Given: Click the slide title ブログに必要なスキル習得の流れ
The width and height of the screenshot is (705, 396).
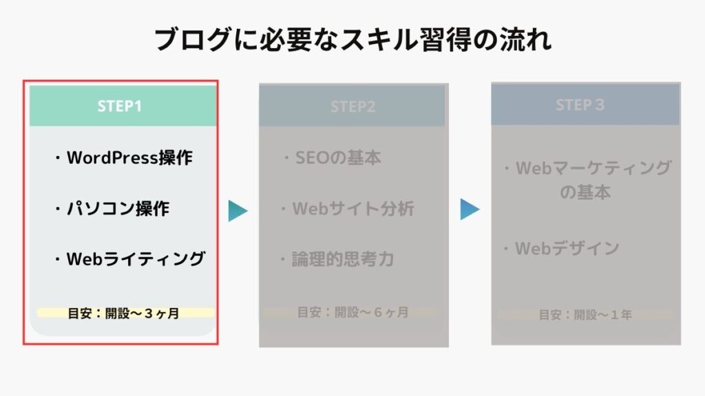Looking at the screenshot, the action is (353, 39).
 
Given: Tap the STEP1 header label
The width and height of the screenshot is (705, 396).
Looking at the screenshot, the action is (120, 106).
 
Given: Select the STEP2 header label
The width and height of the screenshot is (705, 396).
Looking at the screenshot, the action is (353, 107).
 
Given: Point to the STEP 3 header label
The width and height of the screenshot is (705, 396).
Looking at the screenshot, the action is (580, 104).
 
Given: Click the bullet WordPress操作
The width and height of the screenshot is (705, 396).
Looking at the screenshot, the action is (124, 157).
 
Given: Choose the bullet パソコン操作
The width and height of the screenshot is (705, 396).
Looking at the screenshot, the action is (112, 208).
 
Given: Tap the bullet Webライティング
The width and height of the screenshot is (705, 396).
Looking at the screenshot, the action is (130, 258).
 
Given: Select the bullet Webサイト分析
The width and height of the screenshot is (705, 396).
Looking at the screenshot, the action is (347, 208).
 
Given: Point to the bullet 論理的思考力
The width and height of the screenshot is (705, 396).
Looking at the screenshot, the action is (337, 259).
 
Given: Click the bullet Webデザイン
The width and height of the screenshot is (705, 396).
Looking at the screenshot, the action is (562, 247).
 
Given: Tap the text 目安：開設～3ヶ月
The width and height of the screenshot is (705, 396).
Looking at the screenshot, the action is (124, 313).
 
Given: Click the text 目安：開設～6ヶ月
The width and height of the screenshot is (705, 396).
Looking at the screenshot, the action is (353, 312).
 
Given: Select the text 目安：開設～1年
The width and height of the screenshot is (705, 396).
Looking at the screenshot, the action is (585, 315).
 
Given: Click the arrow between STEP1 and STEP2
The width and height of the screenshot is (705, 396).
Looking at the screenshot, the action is (238, 211).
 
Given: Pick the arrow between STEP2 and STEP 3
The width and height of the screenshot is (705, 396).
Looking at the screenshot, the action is (470, 209).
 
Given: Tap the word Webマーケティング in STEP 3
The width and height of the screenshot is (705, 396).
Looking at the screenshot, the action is (593, 168).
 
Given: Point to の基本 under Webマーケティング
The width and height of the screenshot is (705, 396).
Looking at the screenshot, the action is (585, 192).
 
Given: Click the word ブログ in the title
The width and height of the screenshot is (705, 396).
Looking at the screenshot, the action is (193, 39).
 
